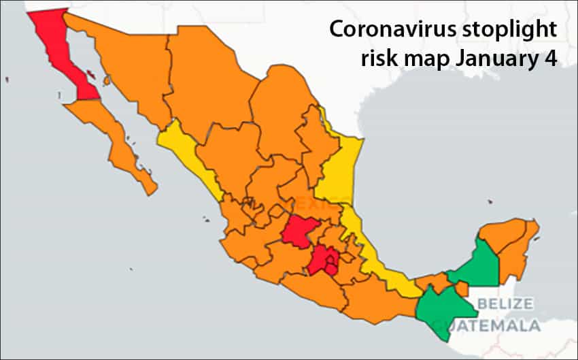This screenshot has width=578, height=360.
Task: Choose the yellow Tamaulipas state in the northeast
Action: [336, 167]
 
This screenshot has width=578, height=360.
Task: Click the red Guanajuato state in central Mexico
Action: [296, 231]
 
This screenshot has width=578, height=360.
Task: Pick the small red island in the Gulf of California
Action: [105, 80]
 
